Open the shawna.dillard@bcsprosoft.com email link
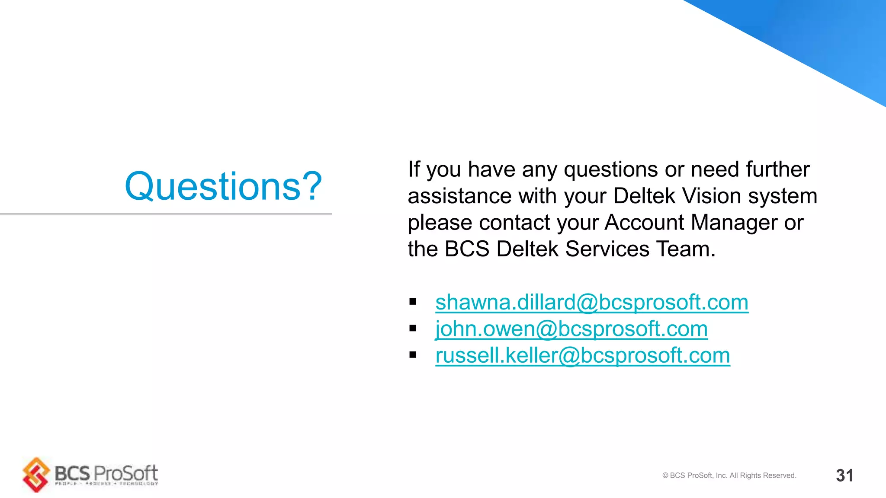pos(591,302)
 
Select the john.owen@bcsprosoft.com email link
pos(571,329)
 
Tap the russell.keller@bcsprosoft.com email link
pos(582,356)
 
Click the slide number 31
pos(844,476)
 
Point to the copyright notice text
pos(729,476)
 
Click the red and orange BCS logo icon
pos(36,474)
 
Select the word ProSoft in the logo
pos(126,473)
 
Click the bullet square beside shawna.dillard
pos(413,302)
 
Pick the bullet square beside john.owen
pos(413,329)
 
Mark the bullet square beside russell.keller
pos(413,355)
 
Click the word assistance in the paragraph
pos(459,196)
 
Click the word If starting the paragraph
pos(414,169)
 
